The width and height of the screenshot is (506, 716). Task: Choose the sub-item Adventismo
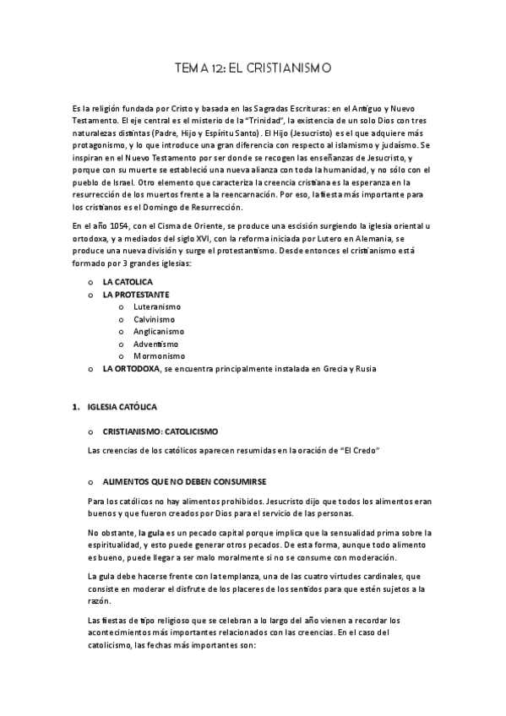pos(155,344)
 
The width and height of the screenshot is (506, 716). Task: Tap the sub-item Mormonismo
pos(158,356)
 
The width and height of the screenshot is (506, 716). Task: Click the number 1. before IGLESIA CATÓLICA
pos(77,407)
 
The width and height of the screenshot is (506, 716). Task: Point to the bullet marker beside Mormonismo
pos(123,356)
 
